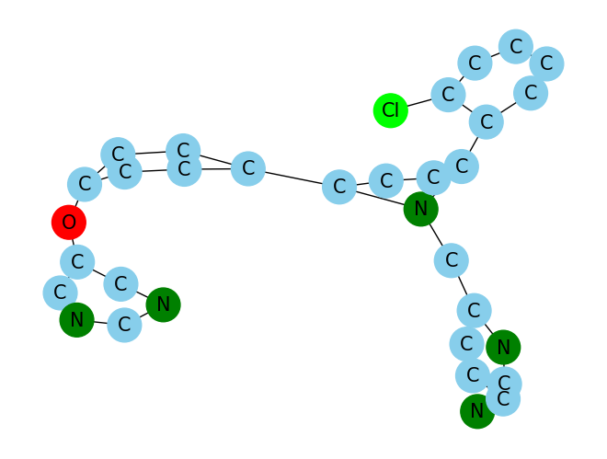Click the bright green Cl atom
[x=391, y=110]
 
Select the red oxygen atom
[x=68, y=222]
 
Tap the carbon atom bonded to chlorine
[x=448, y=94]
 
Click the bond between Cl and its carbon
[x=419, y=102]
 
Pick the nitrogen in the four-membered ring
[x=420, y=209]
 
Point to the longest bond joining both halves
[x=293, y=178]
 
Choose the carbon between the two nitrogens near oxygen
[x=124, y=324]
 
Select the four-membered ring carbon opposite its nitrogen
[x=386, y=179]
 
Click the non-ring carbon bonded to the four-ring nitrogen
[x=451, y=260]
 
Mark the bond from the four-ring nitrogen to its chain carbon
[x=435, y=235]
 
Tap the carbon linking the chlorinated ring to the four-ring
[x=462, y=166]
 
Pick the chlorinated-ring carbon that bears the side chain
[x=486, y=121]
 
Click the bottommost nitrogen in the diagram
[x=476, y=410]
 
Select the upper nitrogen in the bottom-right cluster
[x=503, y=347]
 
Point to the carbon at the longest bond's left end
[x=247, y=168]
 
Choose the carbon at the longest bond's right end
[x=339, y=188]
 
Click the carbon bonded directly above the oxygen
[x=85, y=184]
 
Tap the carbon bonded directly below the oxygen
[x=77, y=261]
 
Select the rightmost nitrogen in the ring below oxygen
[x=163, y=304]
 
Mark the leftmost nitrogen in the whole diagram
[x=76, y=319]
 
